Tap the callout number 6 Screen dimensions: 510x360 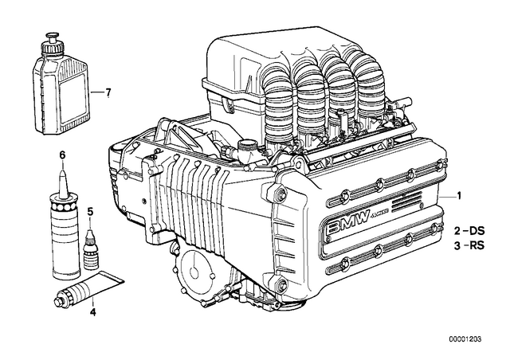coord(62,155)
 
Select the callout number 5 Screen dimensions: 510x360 coord(90,212)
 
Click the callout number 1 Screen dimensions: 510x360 coord(459,196)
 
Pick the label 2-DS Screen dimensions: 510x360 coord(469,231)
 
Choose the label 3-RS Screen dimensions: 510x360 coord(469,245)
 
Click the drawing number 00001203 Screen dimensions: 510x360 coord(465,339)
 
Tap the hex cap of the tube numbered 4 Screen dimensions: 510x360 coord(60,300)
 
